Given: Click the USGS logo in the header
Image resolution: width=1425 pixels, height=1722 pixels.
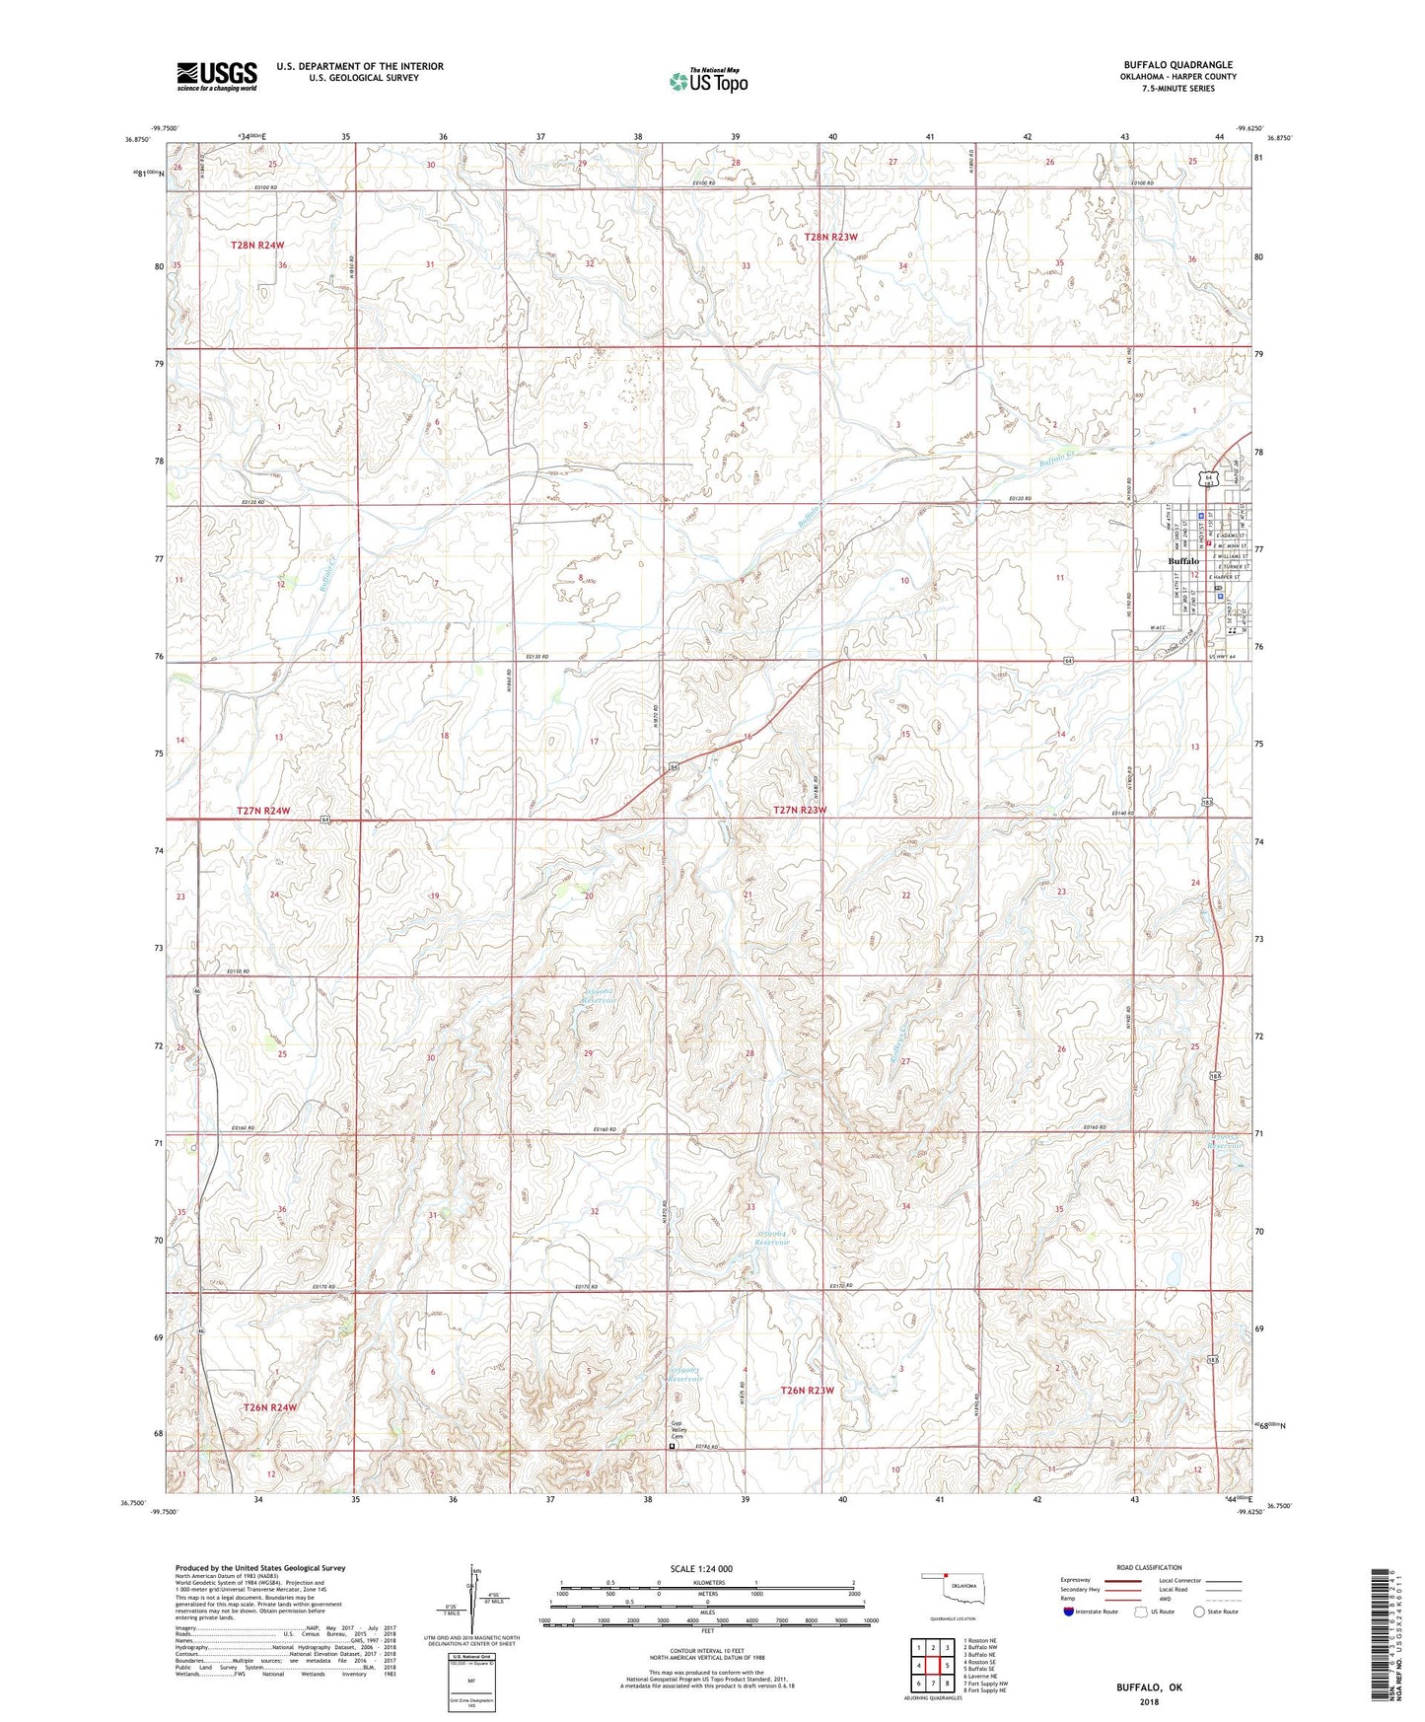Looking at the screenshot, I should coord(216,75).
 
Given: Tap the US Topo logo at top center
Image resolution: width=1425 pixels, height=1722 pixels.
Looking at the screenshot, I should coord(708,81).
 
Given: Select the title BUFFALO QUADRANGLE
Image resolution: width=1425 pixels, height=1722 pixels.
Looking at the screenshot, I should coord(1177,65).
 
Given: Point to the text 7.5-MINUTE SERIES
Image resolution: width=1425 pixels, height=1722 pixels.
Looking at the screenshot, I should coord(1177,89).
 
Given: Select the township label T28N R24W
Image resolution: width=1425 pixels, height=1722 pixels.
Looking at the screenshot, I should coord(257,245).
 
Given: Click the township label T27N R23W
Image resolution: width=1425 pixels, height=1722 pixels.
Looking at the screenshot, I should coord(799,810).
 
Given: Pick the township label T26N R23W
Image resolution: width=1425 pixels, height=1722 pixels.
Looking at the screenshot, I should coord(807,1391).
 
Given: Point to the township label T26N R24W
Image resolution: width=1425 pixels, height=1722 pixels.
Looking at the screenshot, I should coord(269,1407).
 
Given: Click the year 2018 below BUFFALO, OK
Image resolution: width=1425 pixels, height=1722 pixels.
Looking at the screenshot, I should coord(1149,1702).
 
